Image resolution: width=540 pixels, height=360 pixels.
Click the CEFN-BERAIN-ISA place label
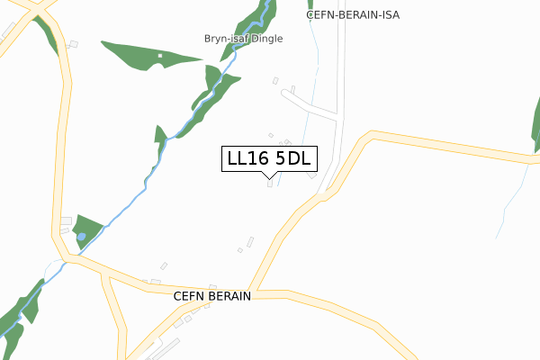352,15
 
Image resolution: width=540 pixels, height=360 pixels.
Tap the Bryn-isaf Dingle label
242,39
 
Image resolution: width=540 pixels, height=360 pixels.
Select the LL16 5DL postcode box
268,158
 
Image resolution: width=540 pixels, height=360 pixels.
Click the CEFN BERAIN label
211,295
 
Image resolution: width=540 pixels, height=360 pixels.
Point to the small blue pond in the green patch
82,236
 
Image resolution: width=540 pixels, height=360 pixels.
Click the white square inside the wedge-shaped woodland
160,57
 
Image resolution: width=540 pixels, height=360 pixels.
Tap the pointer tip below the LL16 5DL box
269,176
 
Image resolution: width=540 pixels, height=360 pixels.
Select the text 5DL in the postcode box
292,158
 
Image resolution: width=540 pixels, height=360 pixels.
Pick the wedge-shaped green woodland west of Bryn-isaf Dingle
144,54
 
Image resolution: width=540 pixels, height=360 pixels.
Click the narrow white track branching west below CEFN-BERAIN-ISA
310,108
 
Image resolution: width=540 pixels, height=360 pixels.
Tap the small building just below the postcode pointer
269,185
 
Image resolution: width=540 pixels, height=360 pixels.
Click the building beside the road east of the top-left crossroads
74,44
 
